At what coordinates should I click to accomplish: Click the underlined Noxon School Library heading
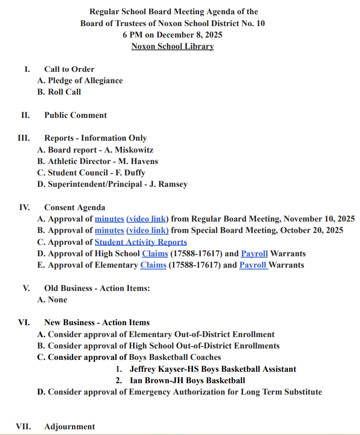tap(172, 47)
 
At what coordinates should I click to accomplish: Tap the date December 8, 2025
tap(189, 35)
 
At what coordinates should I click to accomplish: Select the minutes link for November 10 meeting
tap(109, 219)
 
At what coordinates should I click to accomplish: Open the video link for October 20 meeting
tap(147, 231)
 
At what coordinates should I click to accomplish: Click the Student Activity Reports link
tap(141, 242)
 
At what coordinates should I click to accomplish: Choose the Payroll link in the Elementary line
tap(254, 265)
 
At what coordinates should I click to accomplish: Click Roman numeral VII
tap(24, 427)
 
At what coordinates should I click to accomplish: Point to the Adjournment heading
tap(70, 427)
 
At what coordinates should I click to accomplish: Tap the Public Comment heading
tap(76, 115)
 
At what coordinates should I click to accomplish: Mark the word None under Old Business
tap(57, 300)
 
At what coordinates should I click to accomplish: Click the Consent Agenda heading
tap(75, 208)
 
